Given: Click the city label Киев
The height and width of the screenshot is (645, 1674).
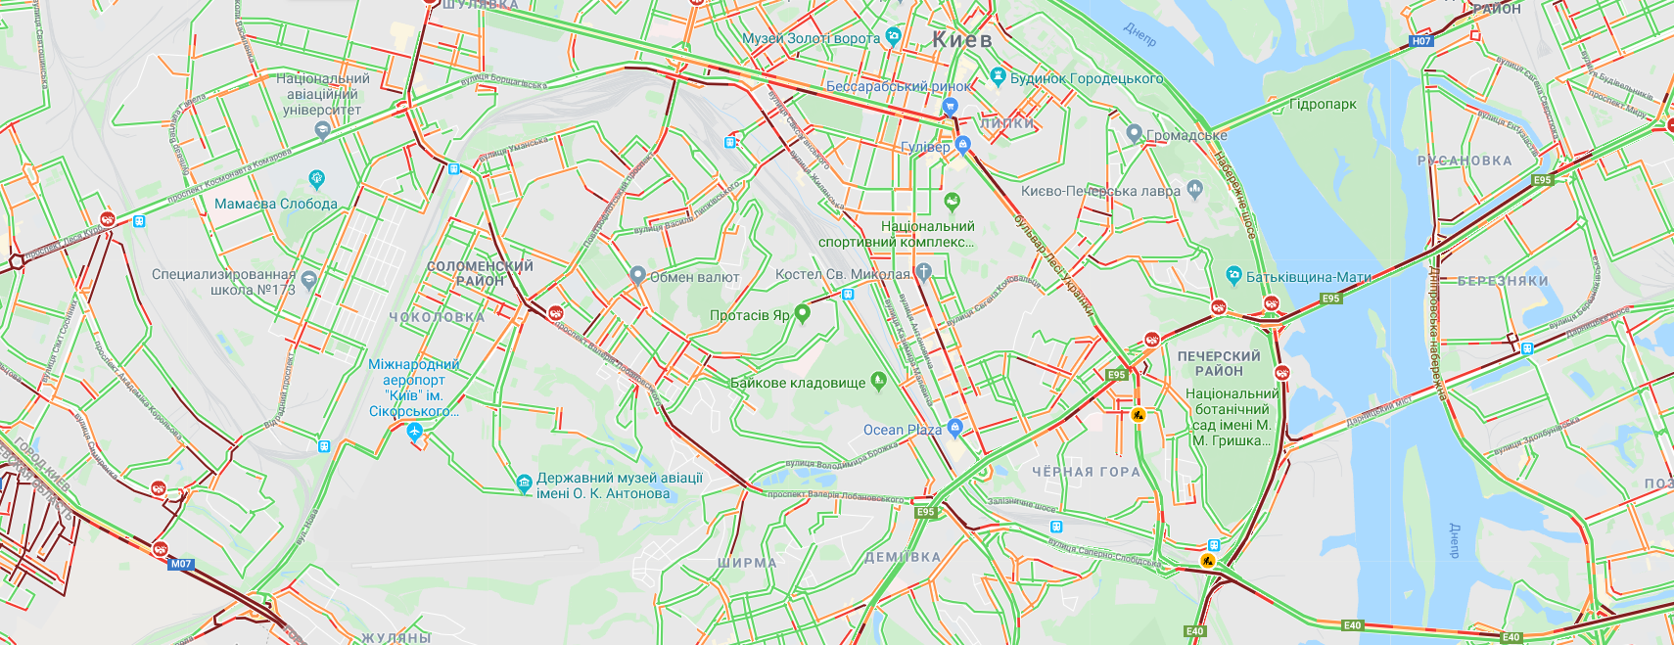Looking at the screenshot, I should coord(961,40).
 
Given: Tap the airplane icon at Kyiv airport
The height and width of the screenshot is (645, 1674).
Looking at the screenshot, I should coord(415,431).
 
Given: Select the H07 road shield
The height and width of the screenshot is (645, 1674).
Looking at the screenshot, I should coord(1421,41).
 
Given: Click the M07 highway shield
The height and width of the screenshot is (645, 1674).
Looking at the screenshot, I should coord(181,564).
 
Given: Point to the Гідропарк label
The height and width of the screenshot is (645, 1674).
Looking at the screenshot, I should coord(1323,104).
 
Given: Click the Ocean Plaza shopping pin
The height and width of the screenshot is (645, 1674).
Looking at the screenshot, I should coord(955,428).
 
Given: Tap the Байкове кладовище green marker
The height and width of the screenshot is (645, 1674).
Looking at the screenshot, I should coord(878,382).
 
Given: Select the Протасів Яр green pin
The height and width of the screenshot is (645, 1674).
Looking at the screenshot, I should coord(803,313).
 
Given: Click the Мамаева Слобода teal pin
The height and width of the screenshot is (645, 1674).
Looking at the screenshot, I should coord(316,179).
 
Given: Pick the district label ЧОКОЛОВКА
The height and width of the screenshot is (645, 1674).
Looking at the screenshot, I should coord(437,317).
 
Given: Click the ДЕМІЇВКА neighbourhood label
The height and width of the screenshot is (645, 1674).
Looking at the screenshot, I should coord(902,557).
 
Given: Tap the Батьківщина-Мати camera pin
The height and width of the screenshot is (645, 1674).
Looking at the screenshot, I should coord(1233,276).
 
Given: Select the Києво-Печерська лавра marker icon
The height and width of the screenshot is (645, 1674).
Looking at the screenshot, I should coord(1193,189).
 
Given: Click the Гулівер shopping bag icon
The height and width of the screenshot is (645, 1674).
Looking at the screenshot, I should coord(963,146).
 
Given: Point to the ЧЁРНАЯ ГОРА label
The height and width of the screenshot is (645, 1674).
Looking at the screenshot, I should coord(1086,472).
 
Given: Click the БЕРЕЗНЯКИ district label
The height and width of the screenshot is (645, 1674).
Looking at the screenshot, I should coord(1503,281).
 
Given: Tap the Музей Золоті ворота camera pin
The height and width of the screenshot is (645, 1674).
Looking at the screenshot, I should coord(893,37).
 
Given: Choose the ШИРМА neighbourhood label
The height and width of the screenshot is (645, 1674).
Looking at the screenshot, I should coord(747,563).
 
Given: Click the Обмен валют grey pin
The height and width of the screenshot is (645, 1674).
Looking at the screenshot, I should coord(637,276).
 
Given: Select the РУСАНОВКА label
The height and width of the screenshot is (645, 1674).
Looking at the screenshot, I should coord(1465,161).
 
